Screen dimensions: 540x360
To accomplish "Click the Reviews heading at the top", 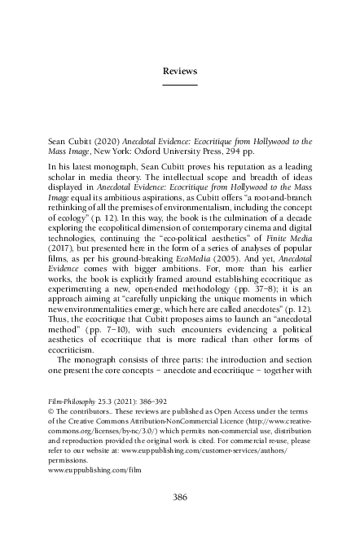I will (180, 72).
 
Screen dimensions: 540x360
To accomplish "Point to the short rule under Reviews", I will (180, 85).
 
